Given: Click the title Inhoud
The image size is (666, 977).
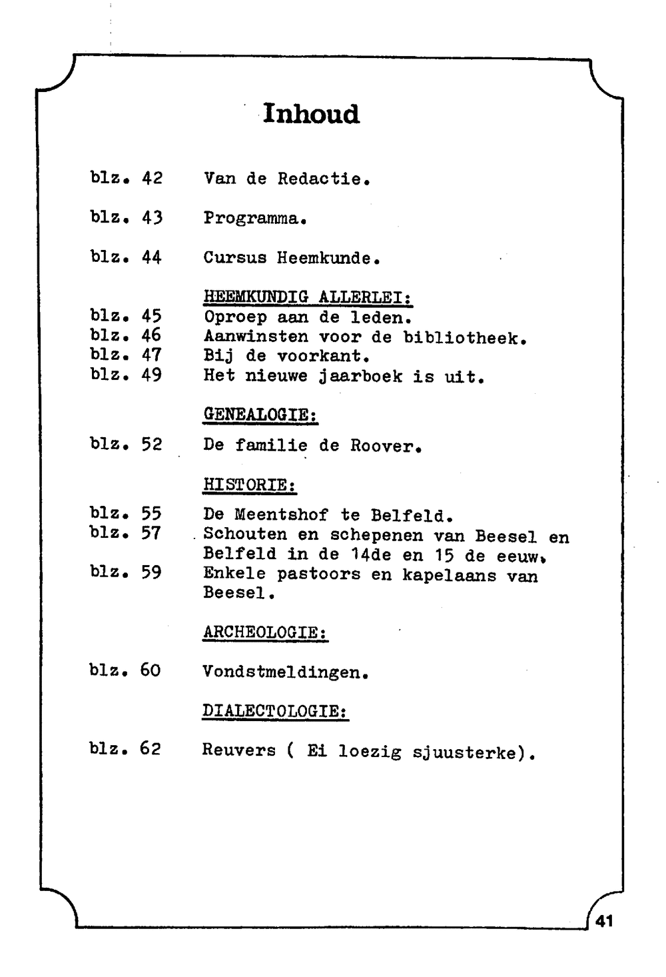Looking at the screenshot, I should tap(311, 114).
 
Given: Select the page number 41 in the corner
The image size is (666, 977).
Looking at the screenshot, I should tap(604, 921).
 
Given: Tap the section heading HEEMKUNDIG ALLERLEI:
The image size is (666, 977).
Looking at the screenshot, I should tap(308, 297).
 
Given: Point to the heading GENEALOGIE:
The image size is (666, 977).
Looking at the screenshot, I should tap(260, 415).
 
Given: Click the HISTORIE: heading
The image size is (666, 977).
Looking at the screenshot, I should tap(250, 485).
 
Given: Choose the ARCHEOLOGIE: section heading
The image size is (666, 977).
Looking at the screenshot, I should tap(265, 632).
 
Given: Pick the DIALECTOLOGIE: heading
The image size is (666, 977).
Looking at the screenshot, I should tap(275, 711).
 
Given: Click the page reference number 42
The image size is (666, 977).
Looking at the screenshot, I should tap(152, 179).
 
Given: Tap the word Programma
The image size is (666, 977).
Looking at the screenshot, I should tap(254, 219).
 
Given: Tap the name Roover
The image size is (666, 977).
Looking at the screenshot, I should tap(386, 446).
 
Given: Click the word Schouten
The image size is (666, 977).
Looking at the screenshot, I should tap(245, 535).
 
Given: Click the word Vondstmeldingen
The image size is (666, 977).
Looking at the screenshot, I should tap(284, 672).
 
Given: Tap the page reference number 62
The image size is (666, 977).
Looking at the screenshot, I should tap(151, 748).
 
